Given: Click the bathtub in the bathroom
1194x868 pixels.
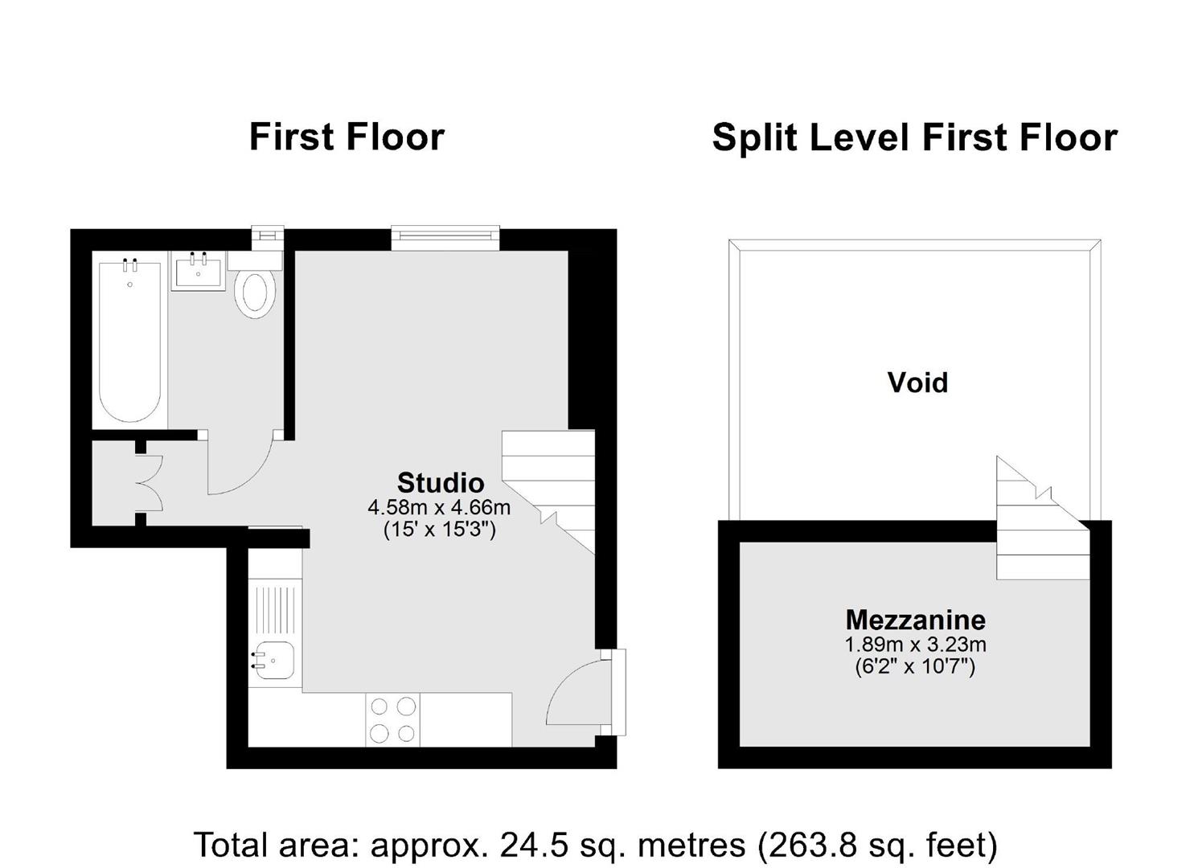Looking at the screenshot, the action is point(129,342).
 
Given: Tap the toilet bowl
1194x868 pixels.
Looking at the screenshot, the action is point(256,293).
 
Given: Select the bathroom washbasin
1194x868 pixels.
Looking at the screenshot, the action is point(198,271).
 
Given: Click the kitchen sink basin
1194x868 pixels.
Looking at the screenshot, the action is point(273,661).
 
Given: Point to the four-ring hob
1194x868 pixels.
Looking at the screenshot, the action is point(393,719).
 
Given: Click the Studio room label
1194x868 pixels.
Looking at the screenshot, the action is point(441,483).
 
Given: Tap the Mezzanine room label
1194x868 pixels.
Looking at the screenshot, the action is point(916,620).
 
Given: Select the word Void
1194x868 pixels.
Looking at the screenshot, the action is point(918,383).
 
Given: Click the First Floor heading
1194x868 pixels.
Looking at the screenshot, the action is point(347,137).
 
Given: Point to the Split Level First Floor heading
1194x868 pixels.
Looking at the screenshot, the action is point(915,137).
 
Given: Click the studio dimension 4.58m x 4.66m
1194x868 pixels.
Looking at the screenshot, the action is point(439,507).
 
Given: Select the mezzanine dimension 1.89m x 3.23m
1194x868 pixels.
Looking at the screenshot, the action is point(915,645).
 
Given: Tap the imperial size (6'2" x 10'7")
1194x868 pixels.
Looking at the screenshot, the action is point(915,666).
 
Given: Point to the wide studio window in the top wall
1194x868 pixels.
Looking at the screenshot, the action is point(445,238).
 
